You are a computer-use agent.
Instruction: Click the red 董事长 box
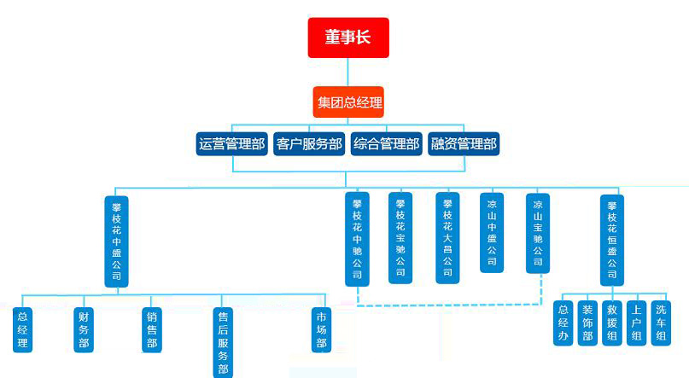(x=348, y=38)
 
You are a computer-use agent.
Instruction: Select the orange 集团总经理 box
(x=348, y=104)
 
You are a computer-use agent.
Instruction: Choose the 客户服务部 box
(x=308, y=144)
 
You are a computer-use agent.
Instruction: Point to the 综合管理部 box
(x=386, y=144)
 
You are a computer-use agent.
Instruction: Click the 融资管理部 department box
(x=463, y=144)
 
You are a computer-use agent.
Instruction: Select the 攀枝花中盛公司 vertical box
(x=117, y=241)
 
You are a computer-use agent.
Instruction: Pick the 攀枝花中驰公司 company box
(x=358, y=239)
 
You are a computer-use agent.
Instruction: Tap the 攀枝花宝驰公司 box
(x=400, y=238)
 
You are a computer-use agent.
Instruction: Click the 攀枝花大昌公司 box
(x=447, y=238)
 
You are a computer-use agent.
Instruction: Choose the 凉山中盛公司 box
(x=491, y=232)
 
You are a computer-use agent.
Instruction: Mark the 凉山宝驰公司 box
(x=537, y=232)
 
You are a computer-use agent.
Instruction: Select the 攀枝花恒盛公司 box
(x=611, y=240)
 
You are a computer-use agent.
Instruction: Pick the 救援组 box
(x=611, y=323)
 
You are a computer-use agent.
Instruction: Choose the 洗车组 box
(x=661, y=323)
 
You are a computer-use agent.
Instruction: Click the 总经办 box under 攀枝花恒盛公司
(x=563, y=323)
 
